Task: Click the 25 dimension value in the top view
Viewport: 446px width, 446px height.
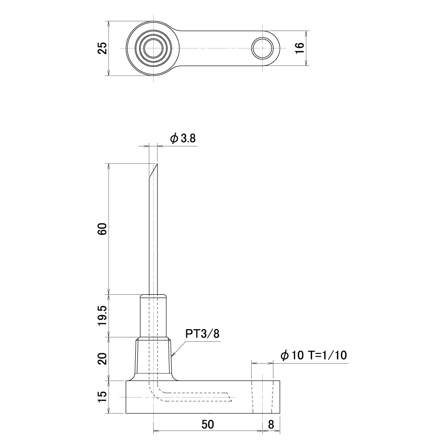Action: (102, 48)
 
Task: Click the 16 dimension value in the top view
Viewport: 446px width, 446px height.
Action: (300, 48)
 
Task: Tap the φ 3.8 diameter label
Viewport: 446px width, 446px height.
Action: (183, 139)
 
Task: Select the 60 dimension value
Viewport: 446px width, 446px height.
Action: (102, 229)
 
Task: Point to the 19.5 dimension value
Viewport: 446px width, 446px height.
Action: (102, 316)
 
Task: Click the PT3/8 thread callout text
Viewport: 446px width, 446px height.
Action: (203, 334)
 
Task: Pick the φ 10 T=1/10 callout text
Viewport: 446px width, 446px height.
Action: (314, 355)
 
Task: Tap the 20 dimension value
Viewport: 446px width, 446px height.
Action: (102, 359)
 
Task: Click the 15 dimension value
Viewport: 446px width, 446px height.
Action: (102, 397)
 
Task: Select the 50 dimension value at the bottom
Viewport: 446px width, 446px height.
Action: (207, 424)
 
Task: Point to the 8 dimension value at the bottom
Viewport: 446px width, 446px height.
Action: (271, 424)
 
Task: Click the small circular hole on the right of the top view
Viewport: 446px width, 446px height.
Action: (262, 48)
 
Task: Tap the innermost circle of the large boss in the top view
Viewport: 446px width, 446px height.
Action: (154, 48)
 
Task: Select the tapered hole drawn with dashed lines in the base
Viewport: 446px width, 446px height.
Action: (262, 397)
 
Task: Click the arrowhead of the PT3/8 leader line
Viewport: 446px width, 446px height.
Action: (173, 355)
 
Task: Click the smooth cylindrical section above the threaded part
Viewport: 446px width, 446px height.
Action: (153, 316)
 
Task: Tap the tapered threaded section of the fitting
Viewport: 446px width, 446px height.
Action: (154, 355)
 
